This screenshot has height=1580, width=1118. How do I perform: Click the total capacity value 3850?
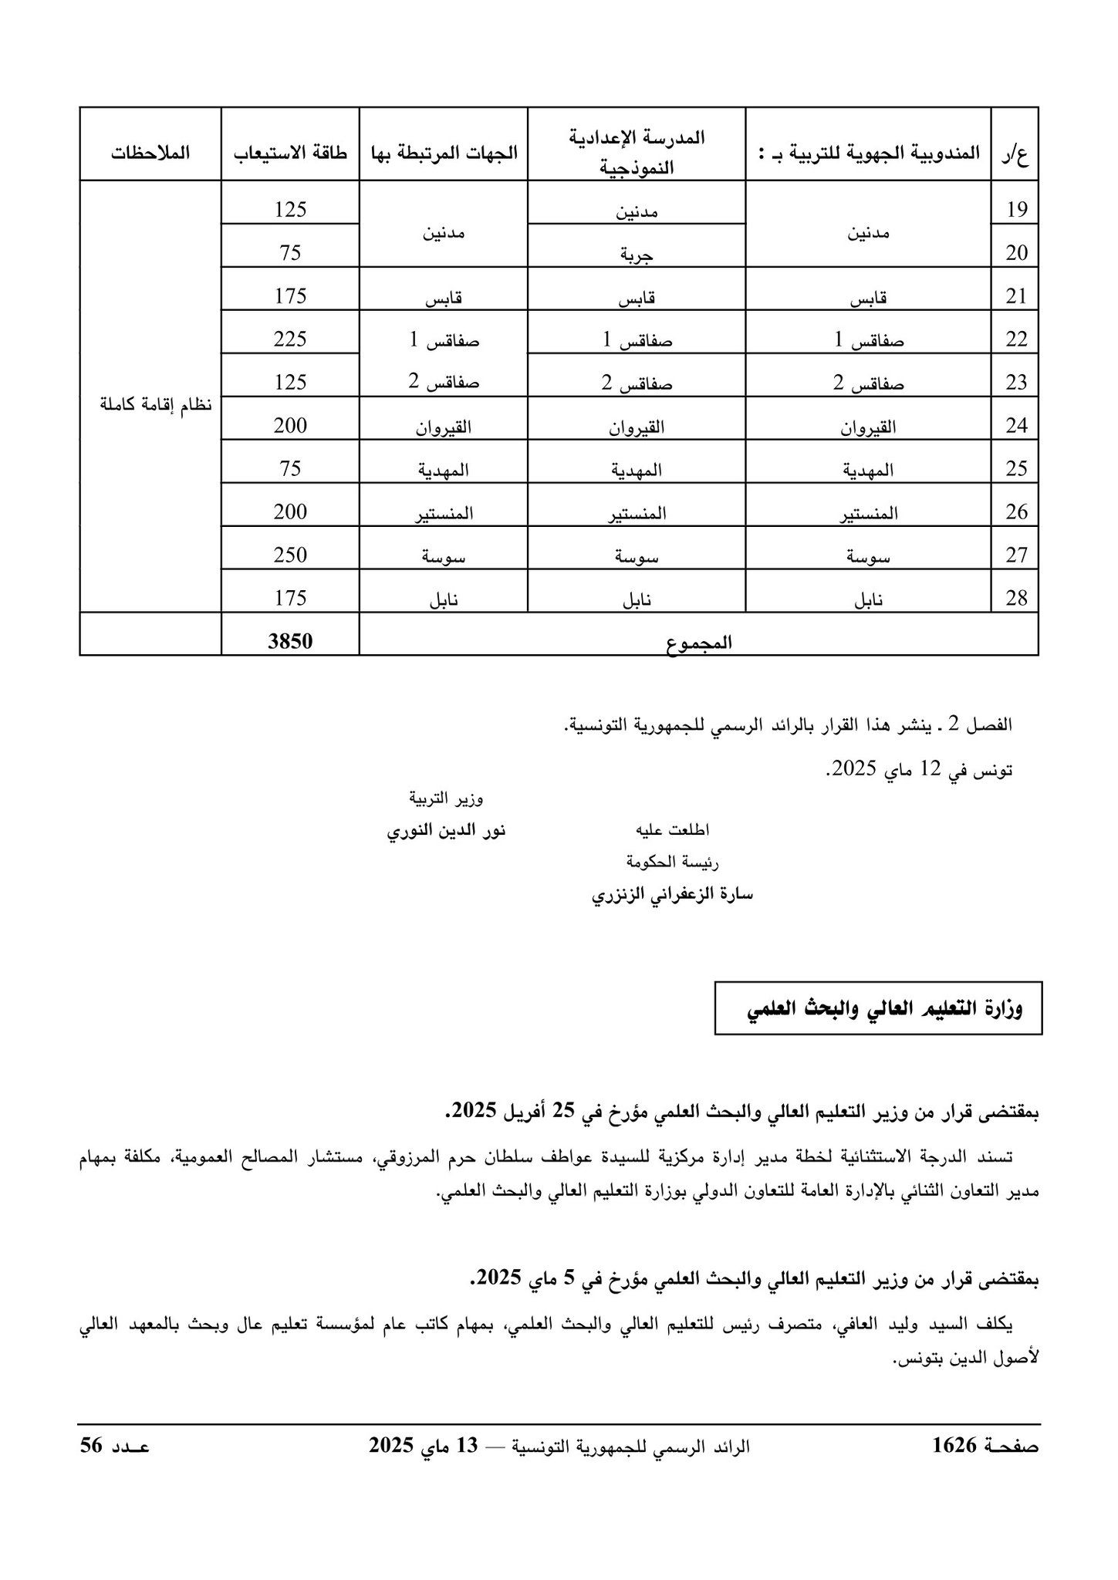click(290, 641)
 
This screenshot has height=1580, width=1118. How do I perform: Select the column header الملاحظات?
click(150, 153)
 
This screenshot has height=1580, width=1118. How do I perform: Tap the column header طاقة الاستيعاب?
click(291, 153)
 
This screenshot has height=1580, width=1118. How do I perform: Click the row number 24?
click(1016, 425)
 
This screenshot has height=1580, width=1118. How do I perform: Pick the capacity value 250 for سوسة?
click(290, 555)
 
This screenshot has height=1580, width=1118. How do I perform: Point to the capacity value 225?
click(290, 339)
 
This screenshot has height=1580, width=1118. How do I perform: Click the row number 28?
click(1016, 598)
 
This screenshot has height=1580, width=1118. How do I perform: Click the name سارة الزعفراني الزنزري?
click(671, 895)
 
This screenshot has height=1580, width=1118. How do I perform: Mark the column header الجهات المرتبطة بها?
click(444, 153)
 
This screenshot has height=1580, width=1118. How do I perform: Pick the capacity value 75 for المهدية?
click(290, 468)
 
